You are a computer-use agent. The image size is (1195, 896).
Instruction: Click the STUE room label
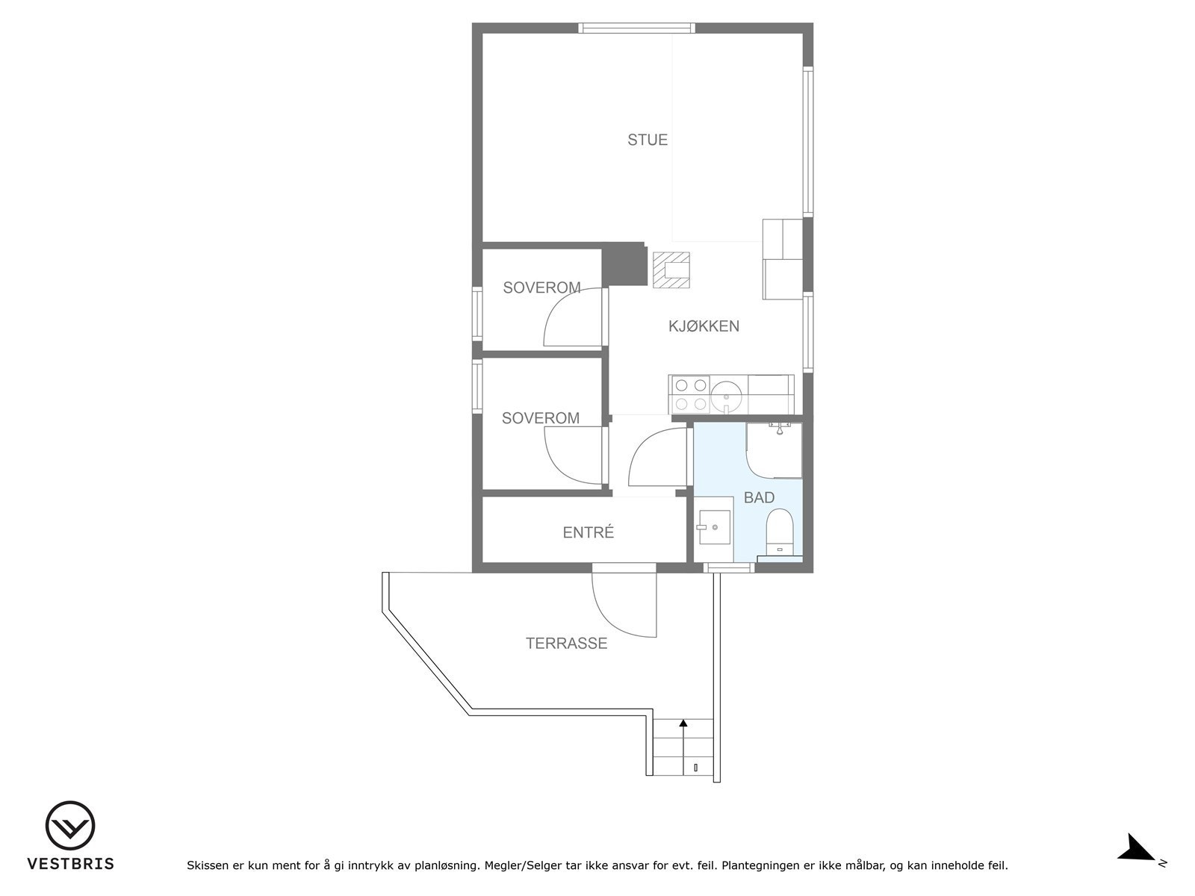(647, 140)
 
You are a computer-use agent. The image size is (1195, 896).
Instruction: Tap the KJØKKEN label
(704, 326)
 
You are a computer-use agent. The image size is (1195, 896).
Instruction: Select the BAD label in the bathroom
(759, 497)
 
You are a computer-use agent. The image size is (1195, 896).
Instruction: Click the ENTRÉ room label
(588, 532)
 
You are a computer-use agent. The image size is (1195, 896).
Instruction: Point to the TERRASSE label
(566, 643)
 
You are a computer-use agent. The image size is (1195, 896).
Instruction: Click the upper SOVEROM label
(541, 287)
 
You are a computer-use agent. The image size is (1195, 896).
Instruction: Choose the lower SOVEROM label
(540, 418)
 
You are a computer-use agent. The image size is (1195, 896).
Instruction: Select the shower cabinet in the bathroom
(775, 449)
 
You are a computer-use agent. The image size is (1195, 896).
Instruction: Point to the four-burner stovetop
(690, 394)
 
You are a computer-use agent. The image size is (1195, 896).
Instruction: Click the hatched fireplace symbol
(671, 270)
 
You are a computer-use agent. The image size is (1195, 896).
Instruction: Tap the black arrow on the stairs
(683, 722)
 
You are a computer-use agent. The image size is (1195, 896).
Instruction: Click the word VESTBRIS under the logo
(70, 864)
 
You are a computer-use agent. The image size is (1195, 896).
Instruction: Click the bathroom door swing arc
(656, 459)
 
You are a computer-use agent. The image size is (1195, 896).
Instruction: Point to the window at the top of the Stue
(637, 28)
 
